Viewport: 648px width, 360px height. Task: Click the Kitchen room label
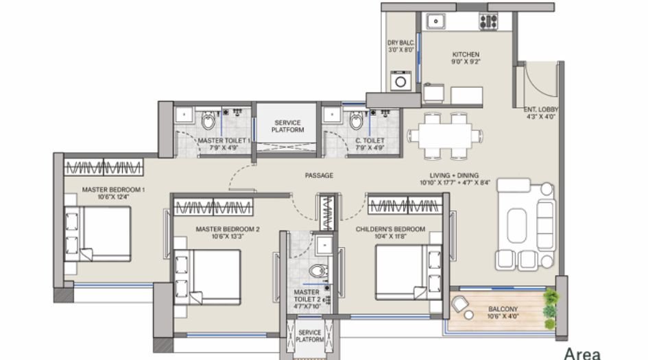[x=466, y=58]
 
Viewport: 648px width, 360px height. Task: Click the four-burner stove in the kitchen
[x=488, y=21]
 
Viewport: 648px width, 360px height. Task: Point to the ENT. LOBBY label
[x=541, y=113]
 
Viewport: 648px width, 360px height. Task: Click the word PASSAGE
[x=319, y=176]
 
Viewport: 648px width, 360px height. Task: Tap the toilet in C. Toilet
[x=356, y=122]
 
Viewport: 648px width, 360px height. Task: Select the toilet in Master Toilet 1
[x=209, y=122]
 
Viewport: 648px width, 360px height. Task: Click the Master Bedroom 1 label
[x=114, y=193]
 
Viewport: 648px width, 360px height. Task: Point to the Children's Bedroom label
[x=391, y=232]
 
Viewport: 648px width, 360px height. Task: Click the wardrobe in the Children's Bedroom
[x=405, y=205]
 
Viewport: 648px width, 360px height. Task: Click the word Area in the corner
[x=581, y=353]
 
